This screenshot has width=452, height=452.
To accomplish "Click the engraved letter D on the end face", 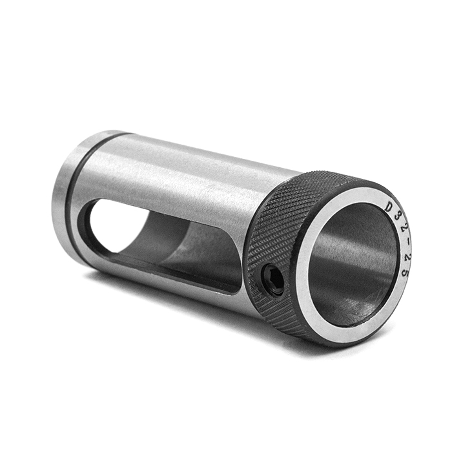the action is click(390, 207).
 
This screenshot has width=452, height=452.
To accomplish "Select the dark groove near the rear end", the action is click(77, 185).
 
